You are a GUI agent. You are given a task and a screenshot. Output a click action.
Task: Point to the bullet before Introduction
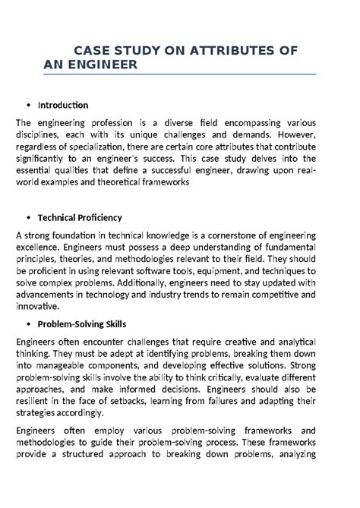28,105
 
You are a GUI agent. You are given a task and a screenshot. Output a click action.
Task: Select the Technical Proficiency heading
81,216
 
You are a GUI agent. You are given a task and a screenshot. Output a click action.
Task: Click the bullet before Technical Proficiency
28,216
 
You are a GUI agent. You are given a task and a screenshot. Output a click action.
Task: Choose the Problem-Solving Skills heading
82,323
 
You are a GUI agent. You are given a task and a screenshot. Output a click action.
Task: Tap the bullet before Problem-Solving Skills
28,323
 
